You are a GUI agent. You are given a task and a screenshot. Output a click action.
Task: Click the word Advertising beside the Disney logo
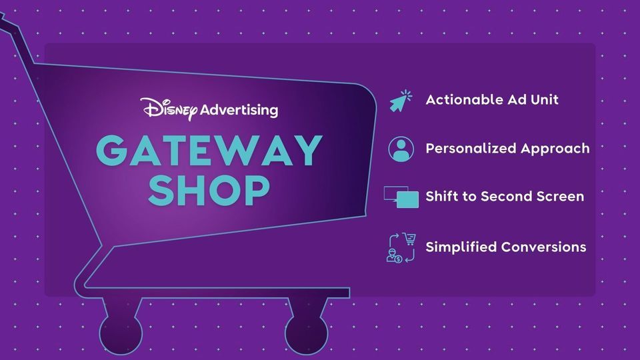point(239,111)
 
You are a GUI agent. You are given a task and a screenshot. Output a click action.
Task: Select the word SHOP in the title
point(209,190)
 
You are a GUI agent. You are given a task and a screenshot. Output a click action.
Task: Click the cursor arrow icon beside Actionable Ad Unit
point(401,101)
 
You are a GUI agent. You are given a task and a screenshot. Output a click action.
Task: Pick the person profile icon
point(401,149)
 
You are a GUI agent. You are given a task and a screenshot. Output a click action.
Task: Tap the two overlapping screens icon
point(401,197)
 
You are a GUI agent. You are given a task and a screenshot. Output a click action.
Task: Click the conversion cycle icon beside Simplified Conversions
point(401,247)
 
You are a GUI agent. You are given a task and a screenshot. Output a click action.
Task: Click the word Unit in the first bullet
point(545,99)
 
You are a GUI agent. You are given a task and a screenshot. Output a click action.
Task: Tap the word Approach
point(555,149)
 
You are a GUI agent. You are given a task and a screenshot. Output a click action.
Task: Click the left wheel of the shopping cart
point(121,332)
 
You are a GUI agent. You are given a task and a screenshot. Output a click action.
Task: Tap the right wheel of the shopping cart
point(306,332)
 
